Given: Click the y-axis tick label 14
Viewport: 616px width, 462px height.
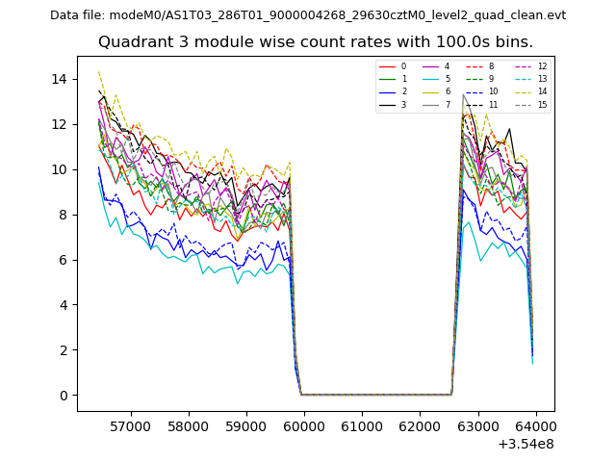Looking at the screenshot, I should [64, 79].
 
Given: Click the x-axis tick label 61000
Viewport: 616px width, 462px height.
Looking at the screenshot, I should [362, 425].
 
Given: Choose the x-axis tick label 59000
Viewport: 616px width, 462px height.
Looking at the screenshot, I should [246, 425].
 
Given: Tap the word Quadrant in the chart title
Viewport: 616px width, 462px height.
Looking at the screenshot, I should [131, 42].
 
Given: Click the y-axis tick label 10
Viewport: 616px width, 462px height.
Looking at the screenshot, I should [64, 169].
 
